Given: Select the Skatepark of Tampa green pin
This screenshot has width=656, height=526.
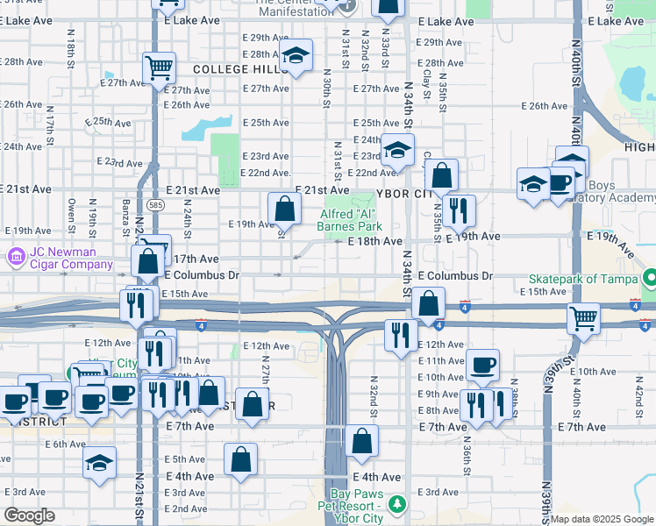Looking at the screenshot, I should tap(649, 279).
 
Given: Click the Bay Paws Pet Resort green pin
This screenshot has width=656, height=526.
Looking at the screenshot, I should tap(397, 504).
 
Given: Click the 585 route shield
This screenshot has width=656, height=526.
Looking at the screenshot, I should tap(155, 205).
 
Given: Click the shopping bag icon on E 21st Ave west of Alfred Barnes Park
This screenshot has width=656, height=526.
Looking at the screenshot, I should tap(284, 208).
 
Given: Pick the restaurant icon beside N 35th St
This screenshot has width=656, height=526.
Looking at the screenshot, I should tap(459, 209).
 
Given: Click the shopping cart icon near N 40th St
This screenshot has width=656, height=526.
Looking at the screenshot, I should tap(582, 318).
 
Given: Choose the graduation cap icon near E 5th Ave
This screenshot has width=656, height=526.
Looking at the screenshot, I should tap(100, 461).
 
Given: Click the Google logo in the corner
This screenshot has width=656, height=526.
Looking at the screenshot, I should tap(29, 515).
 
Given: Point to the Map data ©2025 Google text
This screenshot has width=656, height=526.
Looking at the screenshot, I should tap(602, 519).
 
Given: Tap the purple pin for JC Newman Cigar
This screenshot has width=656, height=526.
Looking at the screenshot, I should tap(15, 258).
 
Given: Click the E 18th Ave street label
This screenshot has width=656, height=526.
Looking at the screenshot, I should tap(374, 241).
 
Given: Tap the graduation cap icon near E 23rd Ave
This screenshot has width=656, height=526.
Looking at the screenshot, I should tap(397, 149).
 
